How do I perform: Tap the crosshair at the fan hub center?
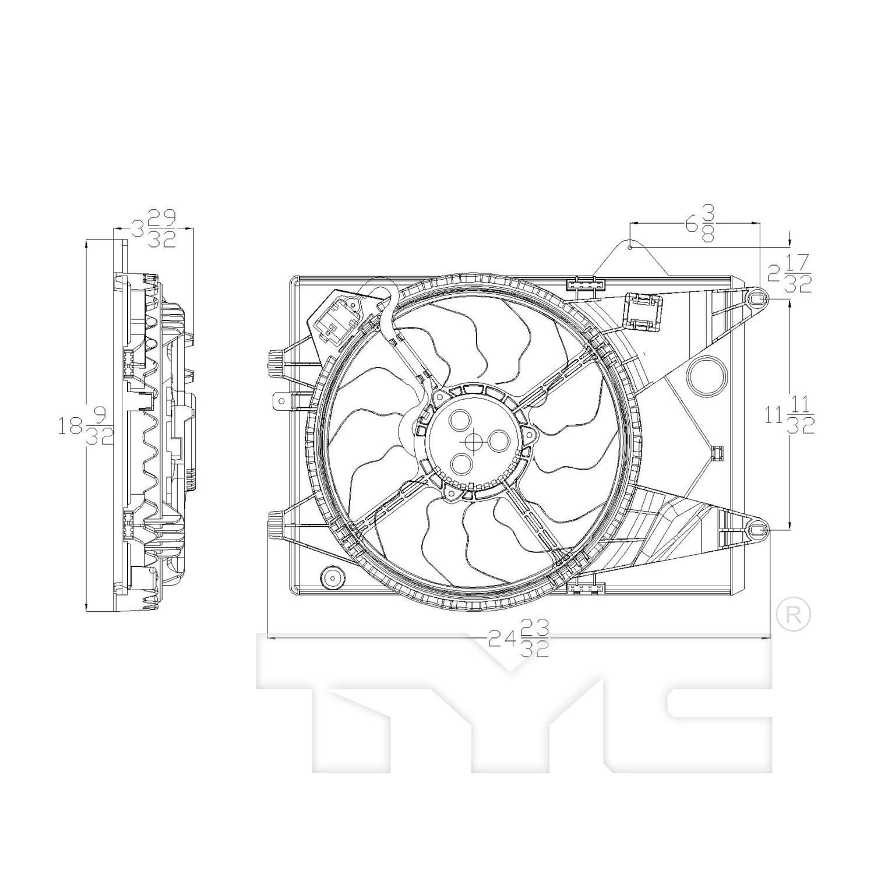click(x=473, y=441)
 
